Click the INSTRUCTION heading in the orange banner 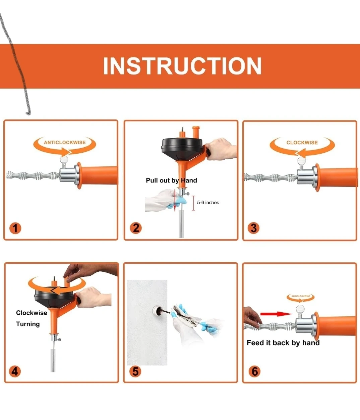click(x=182, y=66)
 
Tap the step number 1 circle click(x=15, y=228)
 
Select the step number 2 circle click(x=136, y=228)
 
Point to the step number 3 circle click(x=253, y=228)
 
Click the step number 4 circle click(x=15, y=371)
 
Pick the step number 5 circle click(x=135, y=371)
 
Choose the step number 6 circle click(x=254, y=371)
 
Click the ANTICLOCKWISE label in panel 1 click(x=65, y=143)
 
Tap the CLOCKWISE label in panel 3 click(x=302, y=143)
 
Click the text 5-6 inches click(x=208, y=203)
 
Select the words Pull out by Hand click(x=171, y=180)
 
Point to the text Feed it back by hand click(x=283, y=343)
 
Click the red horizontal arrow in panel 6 click(x=276, y=314)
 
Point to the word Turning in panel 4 click(x=28, y=324)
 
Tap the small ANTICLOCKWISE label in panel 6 click(x=301, y=296)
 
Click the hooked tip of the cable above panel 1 click(x=28, y=113)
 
